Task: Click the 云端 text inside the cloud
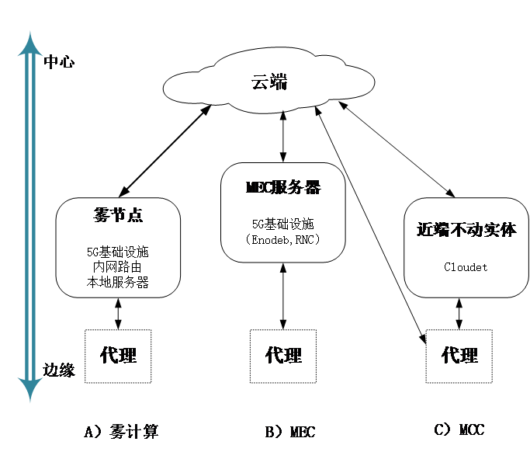tap(269, 82)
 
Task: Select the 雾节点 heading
tap(118, 215)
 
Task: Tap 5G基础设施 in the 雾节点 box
tap(118, 252)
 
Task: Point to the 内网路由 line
tap(118, 267)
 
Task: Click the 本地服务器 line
tap(118, 282)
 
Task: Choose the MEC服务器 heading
tap(282, 188)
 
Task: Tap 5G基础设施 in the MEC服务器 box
tap(282, 224)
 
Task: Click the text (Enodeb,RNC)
tap(282, 239)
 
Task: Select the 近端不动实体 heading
tap(466, 230)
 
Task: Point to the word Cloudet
tap(466, 266)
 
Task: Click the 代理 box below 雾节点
tap(118, 356)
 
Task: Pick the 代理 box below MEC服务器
tap(283, 356)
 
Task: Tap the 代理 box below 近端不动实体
tap(459, 356)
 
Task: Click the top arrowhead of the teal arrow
tap(30, 43)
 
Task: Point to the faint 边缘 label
tap(59, 369)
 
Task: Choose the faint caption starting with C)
tap(462, 429)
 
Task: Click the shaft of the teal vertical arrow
tap(30, 217)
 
